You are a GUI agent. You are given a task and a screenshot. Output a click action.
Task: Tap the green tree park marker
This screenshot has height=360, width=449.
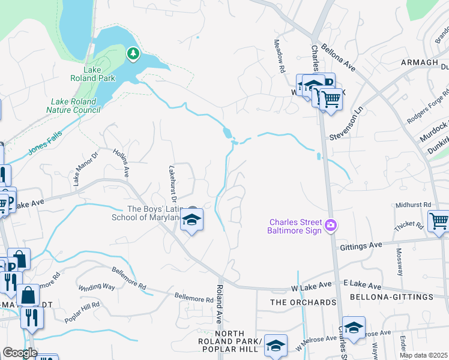[133, 55]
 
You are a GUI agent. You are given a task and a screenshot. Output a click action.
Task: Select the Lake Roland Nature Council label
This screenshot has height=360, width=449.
[74, 106]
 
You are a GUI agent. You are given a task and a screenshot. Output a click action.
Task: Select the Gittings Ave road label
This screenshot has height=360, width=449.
[361, 246]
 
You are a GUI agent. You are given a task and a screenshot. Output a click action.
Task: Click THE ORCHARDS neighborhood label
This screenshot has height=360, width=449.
[303, 302]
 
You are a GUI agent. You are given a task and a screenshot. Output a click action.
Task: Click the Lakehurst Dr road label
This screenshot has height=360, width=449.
[173, 184]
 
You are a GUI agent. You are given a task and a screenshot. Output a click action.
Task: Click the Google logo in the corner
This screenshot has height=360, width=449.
[19, 353]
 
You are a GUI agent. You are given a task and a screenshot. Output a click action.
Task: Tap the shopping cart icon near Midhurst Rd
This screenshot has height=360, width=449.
[438, 221]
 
